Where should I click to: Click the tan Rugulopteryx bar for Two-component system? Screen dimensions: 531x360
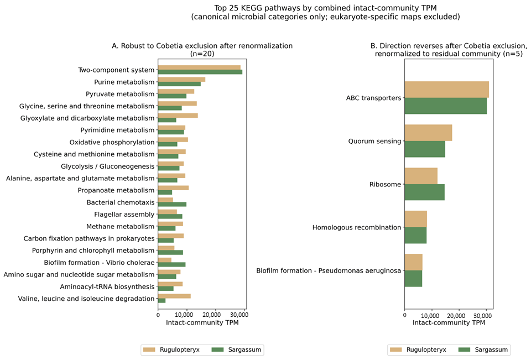click(x=199, y=67)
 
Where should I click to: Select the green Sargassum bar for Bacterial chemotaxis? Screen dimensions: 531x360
click(x=172, y=204)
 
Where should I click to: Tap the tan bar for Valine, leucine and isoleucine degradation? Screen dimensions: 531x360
click(x=174, y=296)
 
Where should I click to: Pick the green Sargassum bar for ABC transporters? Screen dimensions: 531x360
click(x=446, y=106)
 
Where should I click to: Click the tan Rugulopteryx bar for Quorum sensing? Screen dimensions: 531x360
click(x=428, y=133)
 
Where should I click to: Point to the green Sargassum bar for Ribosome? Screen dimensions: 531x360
click(x=425, y=192)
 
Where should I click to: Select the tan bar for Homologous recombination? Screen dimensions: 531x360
click(x=416, y=219)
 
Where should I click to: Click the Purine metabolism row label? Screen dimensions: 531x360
click(x=124, y=82)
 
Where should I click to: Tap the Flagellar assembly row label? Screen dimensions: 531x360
click(x=124, y=215)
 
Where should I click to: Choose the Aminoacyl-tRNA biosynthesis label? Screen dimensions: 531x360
click(x=107, y=286)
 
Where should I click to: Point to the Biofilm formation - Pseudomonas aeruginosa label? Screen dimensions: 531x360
click(x=329, y=270)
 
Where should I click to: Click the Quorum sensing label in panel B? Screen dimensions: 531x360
click(x=374, y=141)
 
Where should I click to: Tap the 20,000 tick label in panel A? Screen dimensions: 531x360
click(x=211, y=315)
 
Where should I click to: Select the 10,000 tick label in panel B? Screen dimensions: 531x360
click(x=431, y=315)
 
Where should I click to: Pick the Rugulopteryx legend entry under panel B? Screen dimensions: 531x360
click(x=418, y=349)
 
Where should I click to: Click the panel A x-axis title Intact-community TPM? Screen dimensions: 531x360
click(x=202, y=323)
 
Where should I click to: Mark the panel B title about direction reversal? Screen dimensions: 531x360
click(x=449, y=50)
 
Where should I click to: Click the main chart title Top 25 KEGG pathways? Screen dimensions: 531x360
click(x=325, y=12)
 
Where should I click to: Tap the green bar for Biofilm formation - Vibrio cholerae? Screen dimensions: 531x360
click(x=171, y=264)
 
